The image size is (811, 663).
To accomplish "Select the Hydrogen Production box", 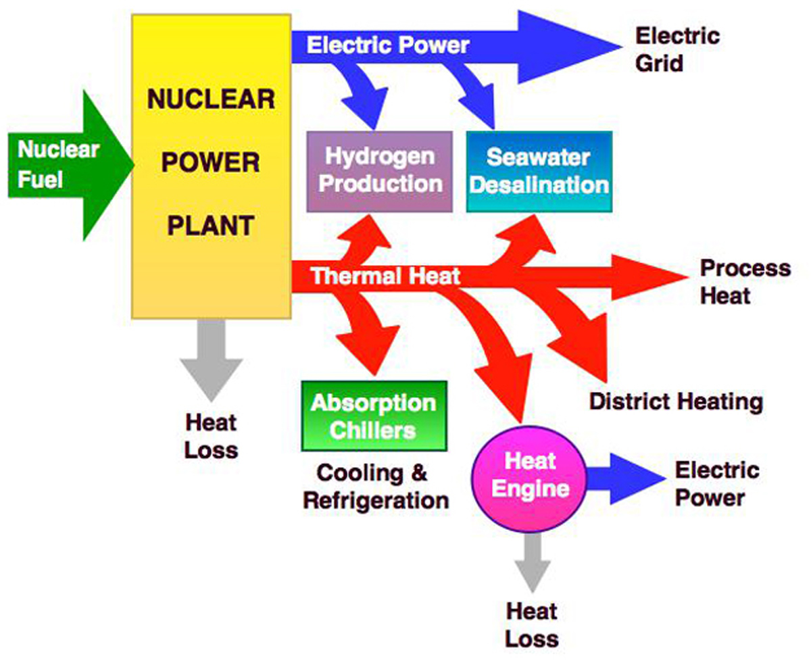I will click(x=379, y=171).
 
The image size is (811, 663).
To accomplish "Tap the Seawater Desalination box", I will click(x=539, y=171).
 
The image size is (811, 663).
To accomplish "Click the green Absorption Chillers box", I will click(x=374, y=416).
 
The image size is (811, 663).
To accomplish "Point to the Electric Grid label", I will click(x=677, y=50).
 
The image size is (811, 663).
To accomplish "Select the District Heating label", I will click(x=675, y=402).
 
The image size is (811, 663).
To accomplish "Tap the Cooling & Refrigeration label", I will click(x=376, y=487).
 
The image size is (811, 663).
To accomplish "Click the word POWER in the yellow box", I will click(x=210, y=162).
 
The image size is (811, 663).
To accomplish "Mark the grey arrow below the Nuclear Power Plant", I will click(x=212, y=358).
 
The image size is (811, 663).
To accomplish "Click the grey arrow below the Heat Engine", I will click(x=532, y=560).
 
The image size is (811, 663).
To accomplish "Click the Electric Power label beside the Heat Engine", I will click(x=716, y=484).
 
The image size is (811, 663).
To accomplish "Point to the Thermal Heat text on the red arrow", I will click(x=385, y=276).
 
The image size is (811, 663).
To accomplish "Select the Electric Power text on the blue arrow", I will click(x=388, y=45).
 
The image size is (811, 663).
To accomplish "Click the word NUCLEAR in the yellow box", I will click(x=211, y=99).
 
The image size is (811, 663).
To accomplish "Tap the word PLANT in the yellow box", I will click(x=211, y=224).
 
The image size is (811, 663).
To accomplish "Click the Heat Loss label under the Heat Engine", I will click(x=532, y=625).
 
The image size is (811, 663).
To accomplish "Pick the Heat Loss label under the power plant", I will click(x=211, y=437).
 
